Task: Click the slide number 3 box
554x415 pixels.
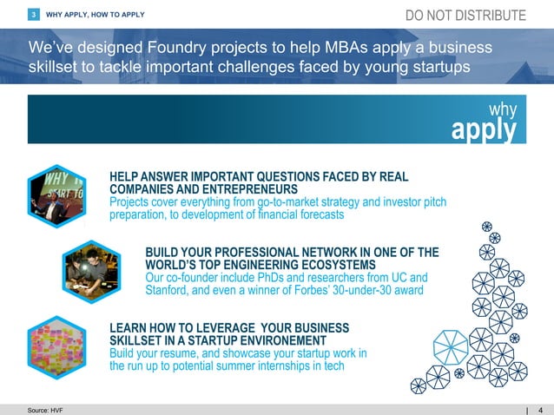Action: (33, 15)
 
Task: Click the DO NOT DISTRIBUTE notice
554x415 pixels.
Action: (465, 16)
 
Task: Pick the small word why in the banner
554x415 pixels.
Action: (502, 109)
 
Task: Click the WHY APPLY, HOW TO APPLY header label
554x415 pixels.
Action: (96, 15)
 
